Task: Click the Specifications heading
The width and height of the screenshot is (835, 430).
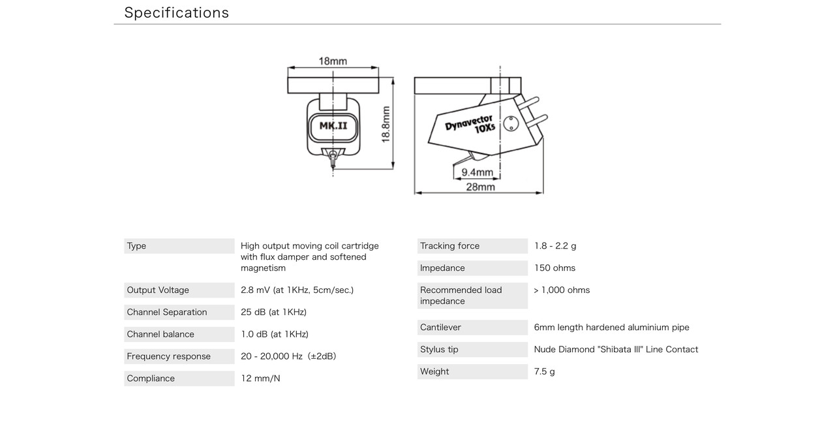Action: [x=176, y=12]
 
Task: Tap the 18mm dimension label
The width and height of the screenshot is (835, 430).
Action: [x=333, y=61]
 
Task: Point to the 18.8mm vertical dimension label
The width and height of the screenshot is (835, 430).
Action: [x=386, y=124]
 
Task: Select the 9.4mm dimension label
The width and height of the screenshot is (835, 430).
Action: [x=477, y=172]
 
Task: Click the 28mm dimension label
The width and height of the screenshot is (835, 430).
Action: [x=481, y=187]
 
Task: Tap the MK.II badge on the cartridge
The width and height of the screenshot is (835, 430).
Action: [x=333, y=126]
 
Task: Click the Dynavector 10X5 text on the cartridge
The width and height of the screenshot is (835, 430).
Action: [x=470, y=125]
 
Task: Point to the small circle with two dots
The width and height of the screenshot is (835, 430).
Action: [x=511, y=124]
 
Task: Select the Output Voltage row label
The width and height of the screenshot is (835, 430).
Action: [x=158, y=290]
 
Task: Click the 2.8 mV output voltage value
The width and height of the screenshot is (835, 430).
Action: [x=297, y=290]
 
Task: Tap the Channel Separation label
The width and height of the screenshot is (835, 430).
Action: [x=166, y=312]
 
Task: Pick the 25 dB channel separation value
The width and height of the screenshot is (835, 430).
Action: [x=273, y=312]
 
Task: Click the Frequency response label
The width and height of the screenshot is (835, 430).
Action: [x=168, y=356]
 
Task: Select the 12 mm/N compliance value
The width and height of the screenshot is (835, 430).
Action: [x=260, y=378]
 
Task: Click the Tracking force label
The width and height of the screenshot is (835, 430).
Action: [x=449, y=246]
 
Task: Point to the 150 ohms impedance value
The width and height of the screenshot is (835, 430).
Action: [x=554, y=268]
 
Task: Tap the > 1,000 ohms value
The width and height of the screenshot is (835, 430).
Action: [x=562, y=290]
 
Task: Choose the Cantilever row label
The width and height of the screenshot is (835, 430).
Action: [x=440, y=328]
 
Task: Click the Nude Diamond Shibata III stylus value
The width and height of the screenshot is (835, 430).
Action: [x=616, y=350]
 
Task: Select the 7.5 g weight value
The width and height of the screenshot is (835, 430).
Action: [x=545, y=372]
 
